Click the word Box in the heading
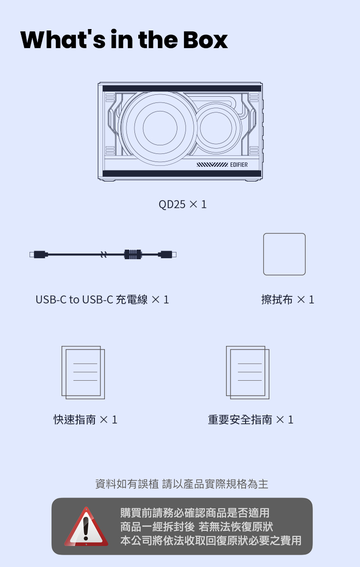click(x=205, y=40)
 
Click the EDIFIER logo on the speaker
click(x=239, y=164)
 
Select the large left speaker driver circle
click(x=160, y=128)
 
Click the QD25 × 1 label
click(x=182, y=204)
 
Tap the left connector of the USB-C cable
click(x=39, y=254)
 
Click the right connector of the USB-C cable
click(x=167, y=254)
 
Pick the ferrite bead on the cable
click(x=133, y=254)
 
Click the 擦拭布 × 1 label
click(x=288, y=299)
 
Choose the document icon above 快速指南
click(x=83, y=373)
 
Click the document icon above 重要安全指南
click(x=248, y=373)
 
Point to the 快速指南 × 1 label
click(x=85, y=419)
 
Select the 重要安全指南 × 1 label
click(x=251, y=419)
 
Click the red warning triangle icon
click(x=86, y=527)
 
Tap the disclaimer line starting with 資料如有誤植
click(x=182, y=484)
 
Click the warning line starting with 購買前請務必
click(x=195, y=513)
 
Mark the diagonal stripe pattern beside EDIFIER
click(x=212, y=165)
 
